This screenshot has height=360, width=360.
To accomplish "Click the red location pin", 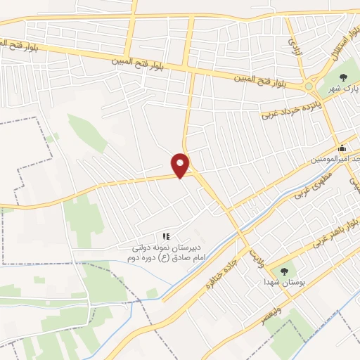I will coord(181,165).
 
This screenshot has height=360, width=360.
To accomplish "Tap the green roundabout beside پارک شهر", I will coord(309,87).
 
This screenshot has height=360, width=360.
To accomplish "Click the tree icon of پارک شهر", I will coord(343,77).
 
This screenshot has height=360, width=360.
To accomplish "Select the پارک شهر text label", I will coord(344,90).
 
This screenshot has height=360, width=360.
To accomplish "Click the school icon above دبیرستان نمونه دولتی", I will coord(167,237).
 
